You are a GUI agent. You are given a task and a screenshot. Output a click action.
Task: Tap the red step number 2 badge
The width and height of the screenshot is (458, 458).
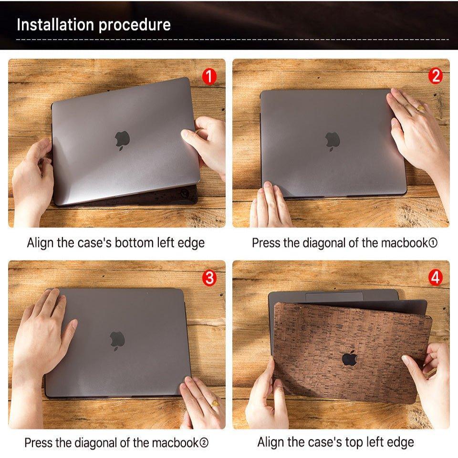pyautogui.click(x=435, y=76)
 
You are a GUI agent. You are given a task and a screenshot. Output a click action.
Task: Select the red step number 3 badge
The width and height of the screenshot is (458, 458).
pyautogui.click(x=209, y=278)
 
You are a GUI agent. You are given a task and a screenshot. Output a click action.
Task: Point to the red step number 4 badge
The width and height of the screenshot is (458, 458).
pyautogui.click(x=435, y=278)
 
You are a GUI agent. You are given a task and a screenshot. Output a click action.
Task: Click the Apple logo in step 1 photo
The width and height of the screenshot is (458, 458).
pyautogui.click(x=122, y=139)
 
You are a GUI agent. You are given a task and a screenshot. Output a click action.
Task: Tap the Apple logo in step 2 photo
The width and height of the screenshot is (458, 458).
pyautogui.click(x=333, y=141)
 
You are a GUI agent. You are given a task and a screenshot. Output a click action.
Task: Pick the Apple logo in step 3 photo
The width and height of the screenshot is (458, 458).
pyautogui.click(x=117, y=340)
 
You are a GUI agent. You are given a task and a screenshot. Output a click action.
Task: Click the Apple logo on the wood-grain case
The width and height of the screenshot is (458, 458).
pyautogui.click(x=349, y=358)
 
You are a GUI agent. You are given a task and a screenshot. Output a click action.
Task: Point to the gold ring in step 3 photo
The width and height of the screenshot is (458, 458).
pyautogui.click(x=215, y=404)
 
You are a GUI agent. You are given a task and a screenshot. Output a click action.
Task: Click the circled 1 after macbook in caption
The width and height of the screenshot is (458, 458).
pyautogui.click(x=433, y=243)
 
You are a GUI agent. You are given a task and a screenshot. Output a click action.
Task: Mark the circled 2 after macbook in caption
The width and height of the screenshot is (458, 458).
pyautogui.click(x=204, y=443)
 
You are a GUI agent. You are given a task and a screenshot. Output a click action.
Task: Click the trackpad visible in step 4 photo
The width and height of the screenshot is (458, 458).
pyautogui.click(x=334, y=297)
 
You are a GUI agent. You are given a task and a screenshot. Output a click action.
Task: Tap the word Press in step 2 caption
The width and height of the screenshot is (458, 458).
pyautogui.click(x=266, y=243)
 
